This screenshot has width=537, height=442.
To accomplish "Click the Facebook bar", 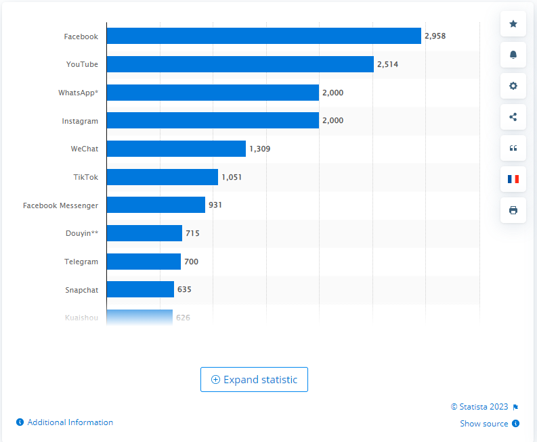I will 263,36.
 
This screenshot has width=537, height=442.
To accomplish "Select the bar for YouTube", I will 240,64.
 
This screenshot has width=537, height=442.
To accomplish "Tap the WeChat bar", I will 176,149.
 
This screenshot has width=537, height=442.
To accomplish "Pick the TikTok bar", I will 162,177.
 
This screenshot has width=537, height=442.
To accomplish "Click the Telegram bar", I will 144,262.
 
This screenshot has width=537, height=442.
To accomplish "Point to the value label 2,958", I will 435,36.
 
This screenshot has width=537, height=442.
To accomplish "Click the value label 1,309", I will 260,149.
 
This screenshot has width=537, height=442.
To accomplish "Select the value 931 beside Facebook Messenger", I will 215,205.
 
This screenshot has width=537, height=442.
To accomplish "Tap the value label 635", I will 184,289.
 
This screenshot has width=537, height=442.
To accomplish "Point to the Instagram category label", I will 81,121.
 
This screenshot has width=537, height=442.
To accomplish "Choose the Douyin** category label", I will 79,233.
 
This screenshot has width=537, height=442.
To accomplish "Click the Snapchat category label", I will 81,290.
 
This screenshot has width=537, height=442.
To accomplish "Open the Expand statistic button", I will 254,380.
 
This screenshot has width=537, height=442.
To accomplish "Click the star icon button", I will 513,24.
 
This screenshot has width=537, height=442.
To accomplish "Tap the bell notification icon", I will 513,55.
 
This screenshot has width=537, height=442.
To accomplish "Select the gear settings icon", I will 513,86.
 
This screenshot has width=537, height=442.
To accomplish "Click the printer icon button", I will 513,210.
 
